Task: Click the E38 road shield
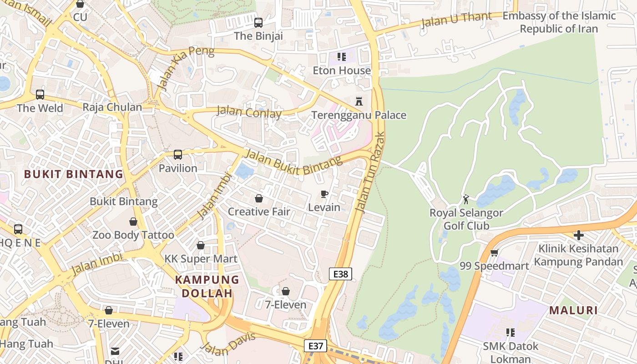[x=340, y=274]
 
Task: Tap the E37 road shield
[x=315, y=346]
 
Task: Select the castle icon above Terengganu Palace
[x=359, y=101]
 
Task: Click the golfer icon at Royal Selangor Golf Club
[x=466, y=199]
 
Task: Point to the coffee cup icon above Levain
[x=324, y=194]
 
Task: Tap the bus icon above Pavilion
[x=178, y=155]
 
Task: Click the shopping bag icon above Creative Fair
[x=259, y=198]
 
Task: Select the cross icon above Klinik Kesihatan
[x=578, y=235]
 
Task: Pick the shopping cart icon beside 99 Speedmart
[x=494, y=253]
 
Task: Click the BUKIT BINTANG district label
[x=74, y=174]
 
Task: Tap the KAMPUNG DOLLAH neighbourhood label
[x=207, y=286]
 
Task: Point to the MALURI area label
[x=573, y=310]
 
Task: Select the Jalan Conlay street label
[x=249, y=112]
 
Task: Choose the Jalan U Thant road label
[x=456, y=20]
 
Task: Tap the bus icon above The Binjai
[x=258, y=22]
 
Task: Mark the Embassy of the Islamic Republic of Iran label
[x=559, y=22]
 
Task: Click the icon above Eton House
[x=342, y=57]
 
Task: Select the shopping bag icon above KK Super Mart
[x=201, y=246]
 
